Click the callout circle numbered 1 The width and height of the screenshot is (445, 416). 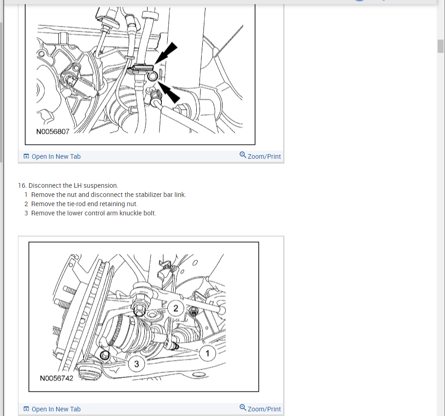tap(207, 353)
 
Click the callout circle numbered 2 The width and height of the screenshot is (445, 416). tap(176, 308)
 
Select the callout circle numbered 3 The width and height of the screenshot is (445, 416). tap(137, 364)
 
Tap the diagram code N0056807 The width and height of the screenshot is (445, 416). tap(53, 132)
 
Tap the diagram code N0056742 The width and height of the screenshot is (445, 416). tap(57, 378)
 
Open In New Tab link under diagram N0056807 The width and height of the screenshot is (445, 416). tap(56, 156)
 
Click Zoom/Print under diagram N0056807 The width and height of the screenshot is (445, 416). tap(264, 156)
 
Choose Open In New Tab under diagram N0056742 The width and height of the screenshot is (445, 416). tap(56, 409)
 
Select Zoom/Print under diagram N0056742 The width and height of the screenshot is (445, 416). tap(264, 409)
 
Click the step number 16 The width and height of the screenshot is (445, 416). tap(22, 185)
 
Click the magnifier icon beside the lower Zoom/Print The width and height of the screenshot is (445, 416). tap(243, 407)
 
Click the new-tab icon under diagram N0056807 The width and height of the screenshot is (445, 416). tap(26, 156)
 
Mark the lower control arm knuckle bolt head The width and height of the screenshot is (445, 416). tap(105, 355)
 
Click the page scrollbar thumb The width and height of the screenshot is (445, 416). tap(440, 46)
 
